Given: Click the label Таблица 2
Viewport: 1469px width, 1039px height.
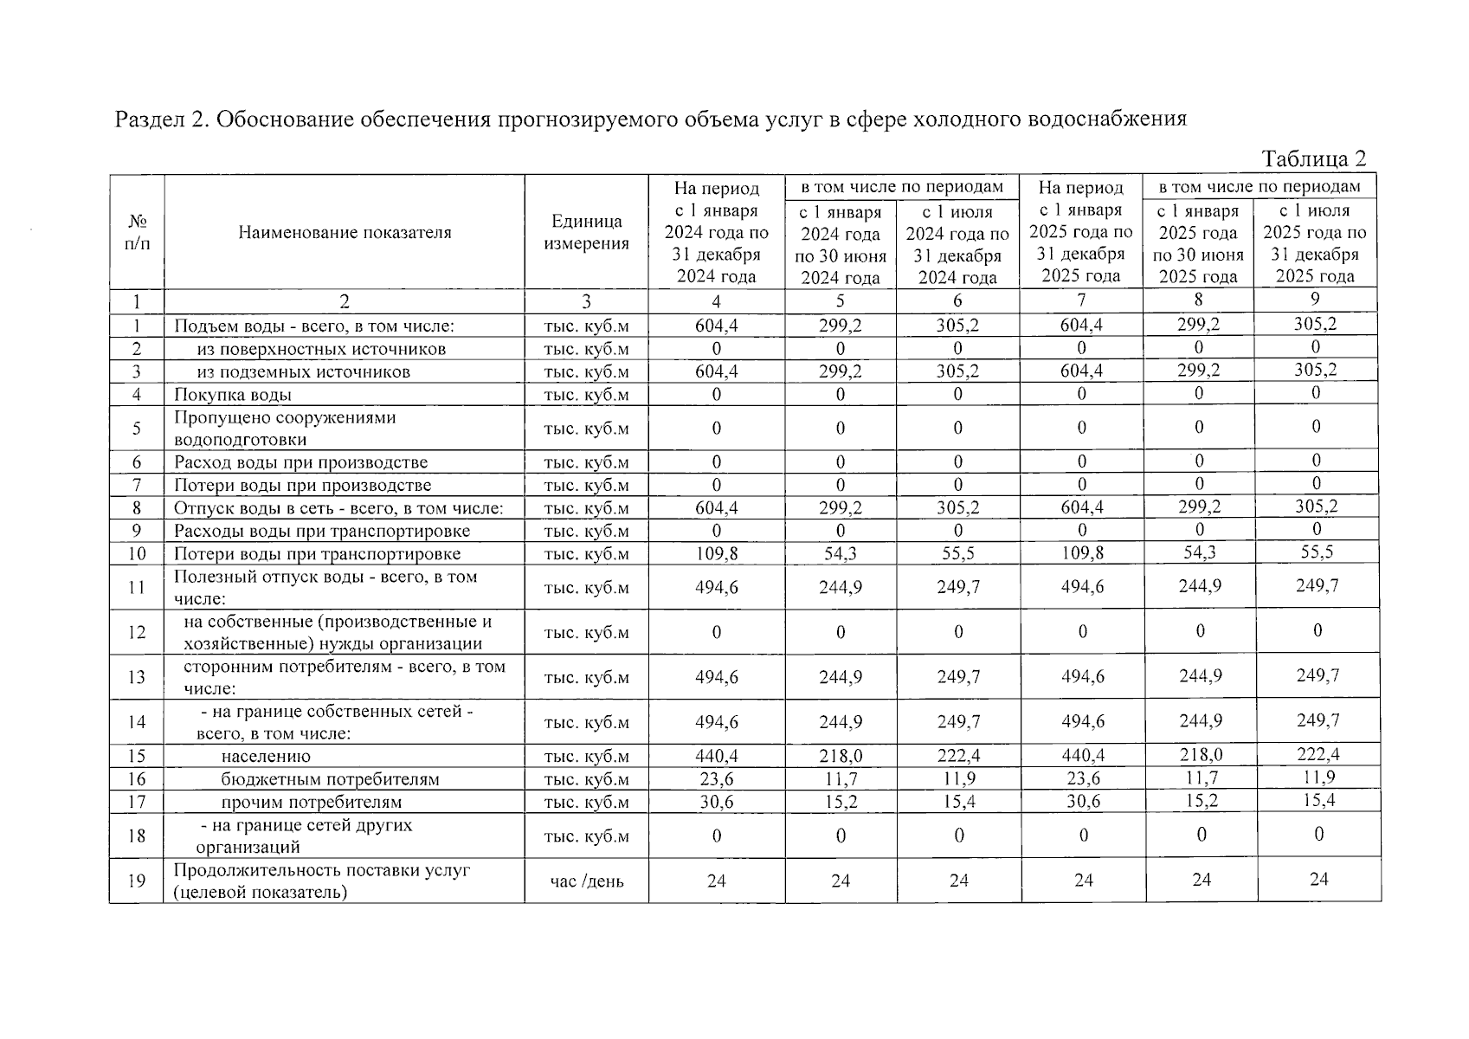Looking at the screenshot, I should (1313, 159).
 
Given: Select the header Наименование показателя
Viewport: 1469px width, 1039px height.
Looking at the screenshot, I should (344, 232).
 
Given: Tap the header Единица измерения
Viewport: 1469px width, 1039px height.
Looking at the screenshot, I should (586, 232).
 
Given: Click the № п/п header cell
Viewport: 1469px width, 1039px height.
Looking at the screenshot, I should (137, 232).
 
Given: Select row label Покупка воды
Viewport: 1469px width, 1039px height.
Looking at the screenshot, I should (233, 395).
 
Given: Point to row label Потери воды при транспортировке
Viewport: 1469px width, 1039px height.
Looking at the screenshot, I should (317, 554).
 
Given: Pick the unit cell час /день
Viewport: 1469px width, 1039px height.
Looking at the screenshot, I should (586, 881).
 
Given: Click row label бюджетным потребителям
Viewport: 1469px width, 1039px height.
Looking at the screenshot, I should (330, 779).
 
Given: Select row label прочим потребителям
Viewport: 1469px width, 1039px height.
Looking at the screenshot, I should (311, 802).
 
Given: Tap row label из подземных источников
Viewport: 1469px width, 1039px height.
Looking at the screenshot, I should (303, 372).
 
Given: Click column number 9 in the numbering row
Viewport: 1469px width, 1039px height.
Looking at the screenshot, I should (1315, 300).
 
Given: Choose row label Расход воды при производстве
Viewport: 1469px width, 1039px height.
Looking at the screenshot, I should (300, 462).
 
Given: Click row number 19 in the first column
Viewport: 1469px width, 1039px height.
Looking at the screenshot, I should (137, 881).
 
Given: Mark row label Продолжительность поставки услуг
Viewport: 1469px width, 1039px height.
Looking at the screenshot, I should (322, 870).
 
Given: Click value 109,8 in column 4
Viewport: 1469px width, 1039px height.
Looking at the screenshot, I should (716, 554).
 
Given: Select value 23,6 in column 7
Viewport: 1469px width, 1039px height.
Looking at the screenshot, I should (1082, 779).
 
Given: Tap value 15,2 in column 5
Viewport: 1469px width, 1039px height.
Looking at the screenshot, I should (840, 802).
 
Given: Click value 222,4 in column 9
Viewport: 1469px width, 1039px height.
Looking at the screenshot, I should (1315, 755).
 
